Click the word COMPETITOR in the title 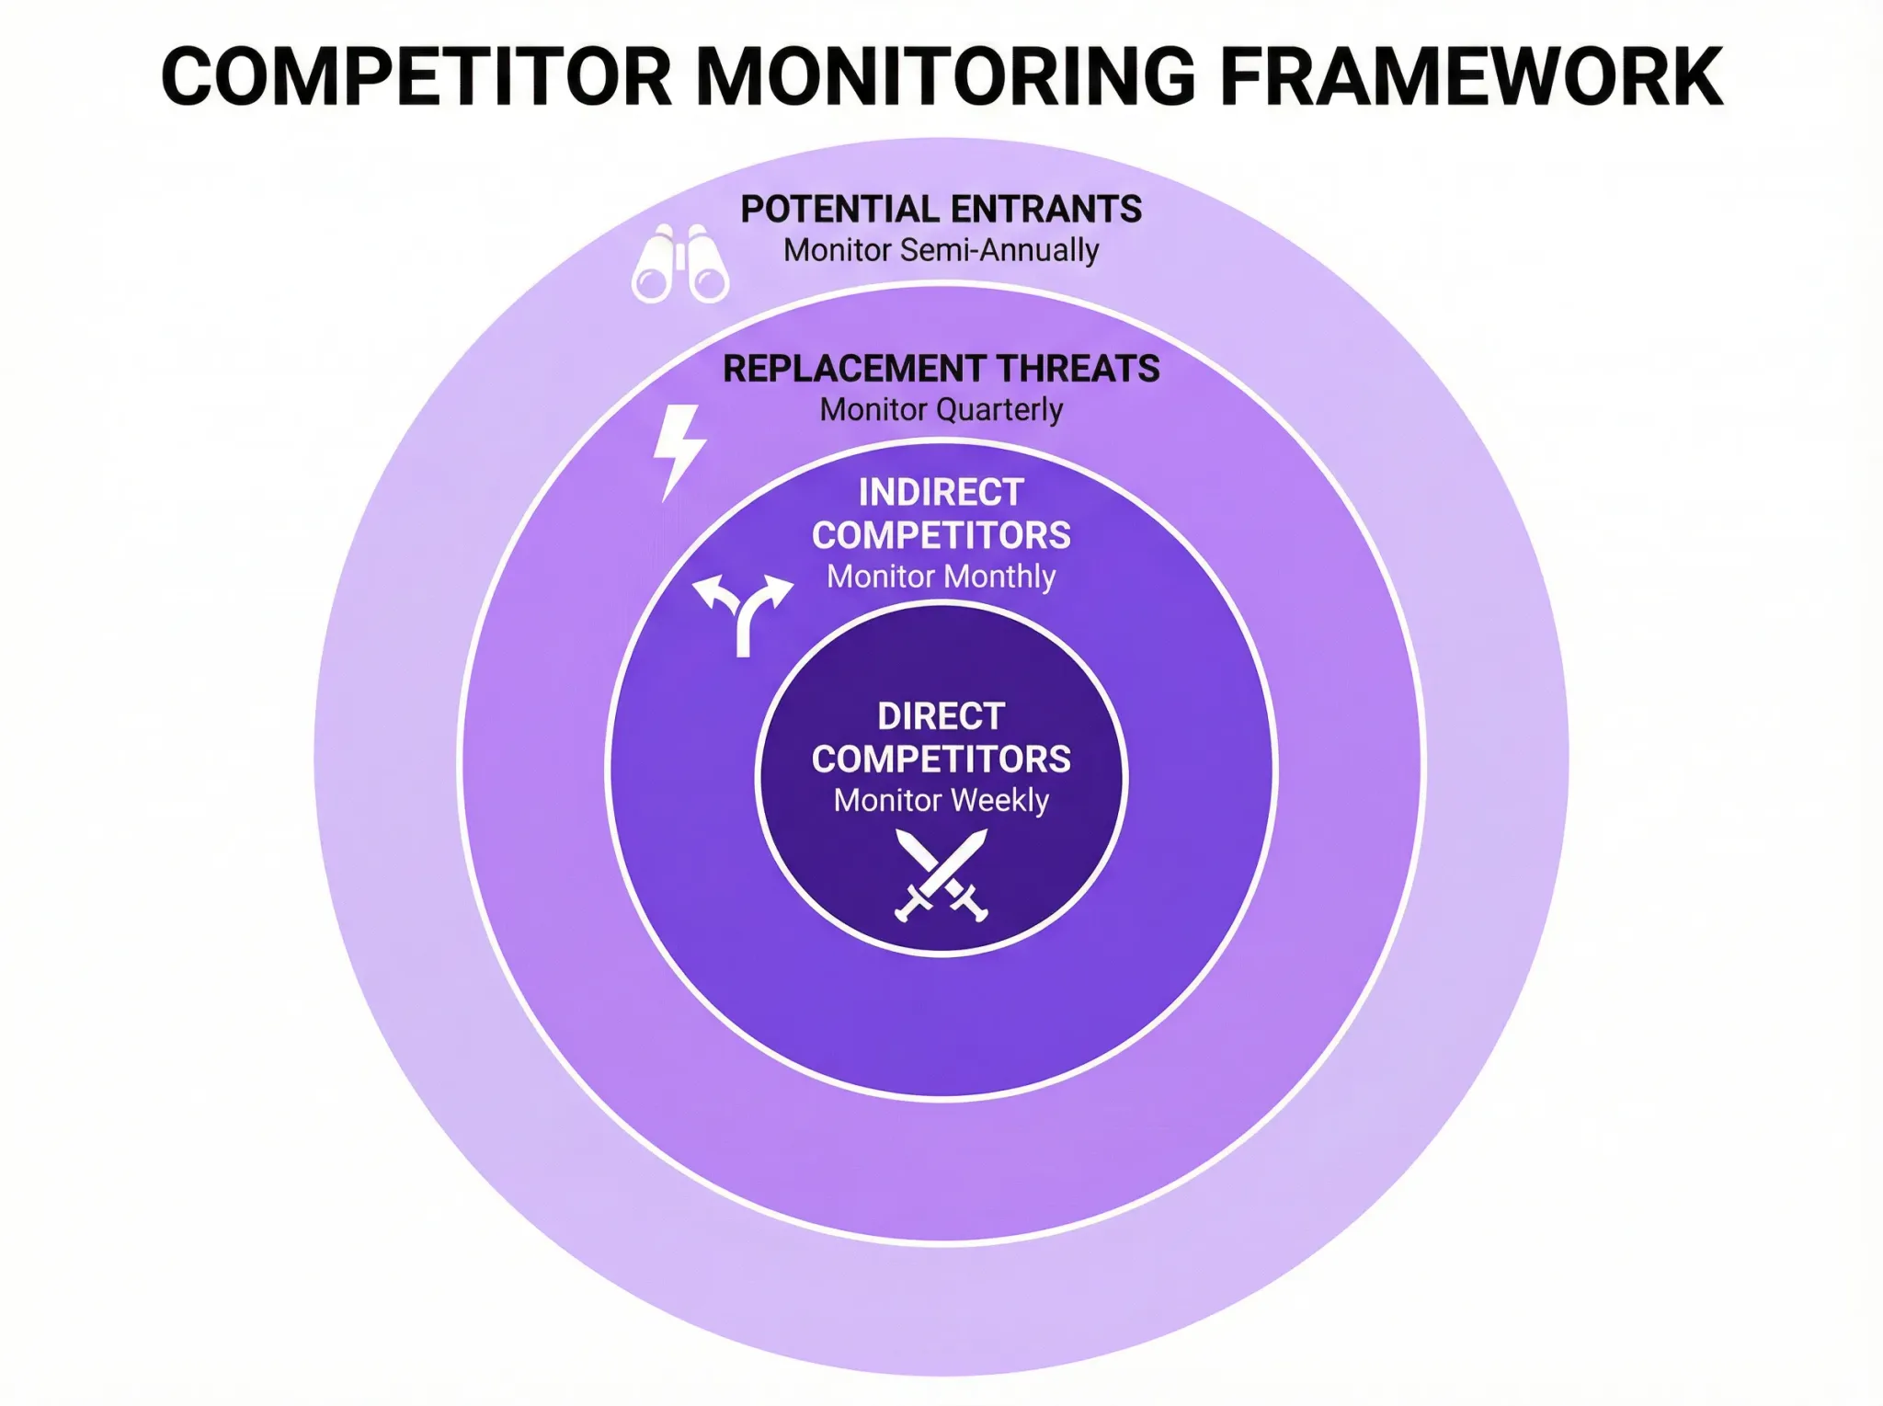coord(416,77)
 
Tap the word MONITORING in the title coord(946,77)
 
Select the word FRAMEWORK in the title coord(1470,77)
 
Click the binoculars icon coord(680,264)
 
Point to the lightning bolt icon coord(678,452)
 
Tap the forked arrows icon coord(743,613)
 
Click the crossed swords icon coord(941,874)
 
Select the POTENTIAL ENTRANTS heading coord(941,210)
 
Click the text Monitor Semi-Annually coord(941,250)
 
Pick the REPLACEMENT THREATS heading coord(941,369)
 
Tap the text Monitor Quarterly coord(941,409)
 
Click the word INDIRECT coord(941,493)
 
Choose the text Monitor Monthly coord(941,577)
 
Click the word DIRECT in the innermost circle coord(941,716)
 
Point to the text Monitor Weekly coord(941,801)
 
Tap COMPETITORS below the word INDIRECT coord(941,535)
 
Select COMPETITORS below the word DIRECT coord(941,760)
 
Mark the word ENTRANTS coord(1045,210)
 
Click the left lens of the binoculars coord(652,282)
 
